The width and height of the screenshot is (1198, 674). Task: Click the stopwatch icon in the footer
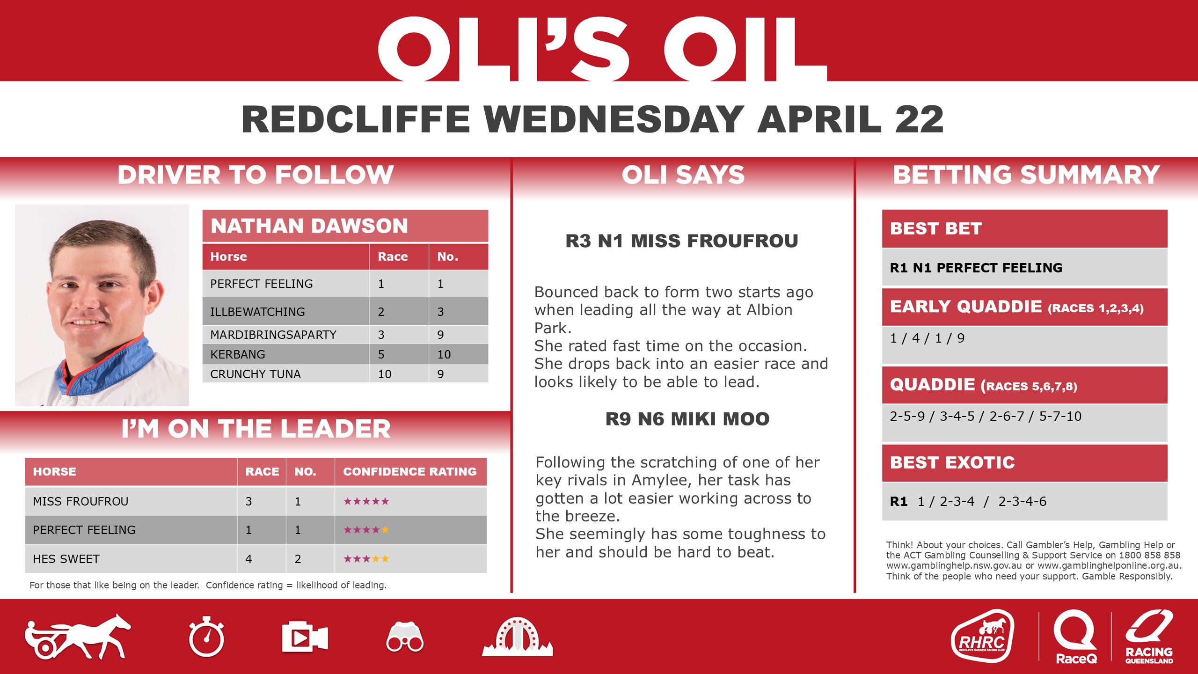206,637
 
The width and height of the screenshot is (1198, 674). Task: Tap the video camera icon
305,637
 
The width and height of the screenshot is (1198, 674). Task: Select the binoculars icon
405,637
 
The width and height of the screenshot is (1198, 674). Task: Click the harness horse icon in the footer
78,637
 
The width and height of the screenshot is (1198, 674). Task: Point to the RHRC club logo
982,636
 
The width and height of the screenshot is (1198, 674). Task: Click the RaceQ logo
1075,637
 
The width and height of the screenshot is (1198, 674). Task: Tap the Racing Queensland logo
1149,637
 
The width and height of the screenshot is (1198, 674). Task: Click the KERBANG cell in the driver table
238,354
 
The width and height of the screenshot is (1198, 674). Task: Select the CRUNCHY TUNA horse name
256,374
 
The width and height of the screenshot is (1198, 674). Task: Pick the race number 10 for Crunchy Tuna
385,374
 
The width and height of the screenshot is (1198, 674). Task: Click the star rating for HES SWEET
366,559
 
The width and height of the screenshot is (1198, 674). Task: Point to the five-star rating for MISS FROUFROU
366,501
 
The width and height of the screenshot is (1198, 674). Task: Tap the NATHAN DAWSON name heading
309,226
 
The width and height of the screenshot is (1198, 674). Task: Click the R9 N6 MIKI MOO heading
687,419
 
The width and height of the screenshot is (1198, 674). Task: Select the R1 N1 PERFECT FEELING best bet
976,268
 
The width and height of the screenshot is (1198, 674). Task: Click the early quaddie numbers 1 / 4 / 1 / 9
927,338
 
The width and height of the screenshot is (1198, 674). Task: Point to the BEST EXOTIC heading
952,462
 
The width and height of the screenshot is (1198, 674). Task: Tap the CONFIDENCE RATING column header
410,471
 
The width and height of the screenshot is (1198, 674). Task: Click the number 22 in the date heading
920,119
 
